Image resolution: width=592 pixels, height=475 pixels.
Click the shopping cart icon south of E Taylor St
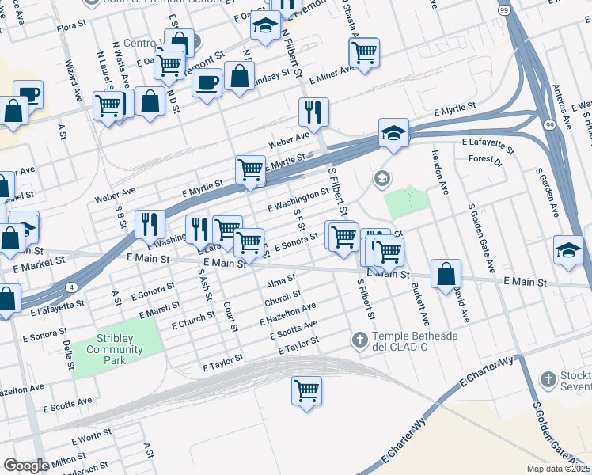point(306,389)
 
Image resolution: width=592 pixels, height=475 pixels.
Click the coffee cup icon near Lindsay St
point(207,82)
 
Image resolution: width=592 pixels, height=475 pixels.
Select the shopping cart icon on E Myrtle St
point(250,169)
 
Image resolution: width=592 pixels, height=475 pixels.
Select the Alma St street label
point(280,281)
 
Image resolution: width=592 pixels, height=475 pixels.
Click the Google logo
point(25,465)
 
